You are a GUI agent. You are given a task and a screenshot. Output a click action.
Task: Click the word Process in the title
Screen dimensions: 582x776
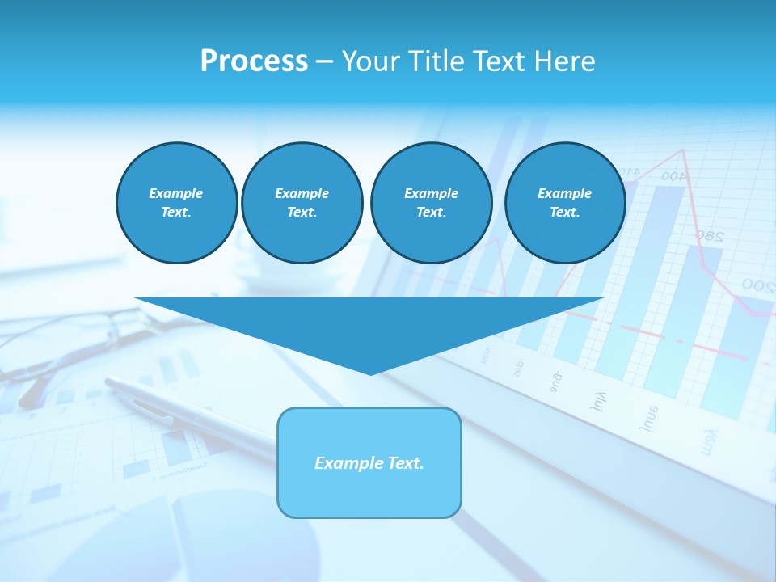click(x=254, y=61)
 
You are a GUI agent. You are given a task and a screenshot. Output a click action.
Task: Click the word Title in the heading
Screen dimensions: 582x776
click(x=438, y=61)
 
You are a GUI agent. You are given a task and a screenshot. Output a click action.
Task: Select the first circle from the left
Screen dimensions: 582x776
click(x=177, y=203)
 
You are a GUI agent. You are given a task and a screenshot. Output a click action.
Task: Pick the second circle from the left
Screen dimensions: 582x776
click(x=302, y=203)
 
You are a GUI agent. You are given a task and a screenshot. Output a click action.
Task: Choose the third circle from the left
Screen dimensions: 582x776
click(x=431, y=203)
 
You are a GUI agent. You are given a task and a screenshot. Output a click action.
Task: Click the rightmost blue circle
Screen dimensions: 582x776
click(x=565, y=203)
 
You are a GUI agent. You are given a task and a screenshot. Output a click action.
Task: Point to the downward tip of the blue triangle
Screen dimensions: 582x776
click(x=370, y=373)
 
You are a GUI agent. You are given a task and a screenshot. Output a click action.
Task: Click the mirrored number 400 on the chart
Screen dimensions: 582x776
click(x=673, y=175)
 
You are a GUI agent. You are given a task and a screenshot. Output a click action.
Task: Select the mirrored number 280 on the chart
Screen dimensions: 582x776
click(x=708, y=236)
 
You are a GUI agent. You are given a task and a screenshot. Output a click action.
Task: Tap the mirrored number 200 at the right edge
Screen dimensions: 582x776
click(x=757, y=285)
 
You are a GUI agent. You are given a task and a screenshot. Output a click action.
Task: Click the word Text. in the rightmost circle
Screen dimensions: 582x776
click(x=564, y=213)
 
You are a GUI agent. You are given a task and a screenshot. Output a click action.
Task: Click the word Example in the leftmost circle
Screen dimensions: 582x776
click(x=176, y=193)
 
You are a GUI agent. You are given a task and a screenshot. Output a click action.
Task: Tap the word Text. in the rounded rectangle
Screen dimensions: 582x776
click(x=406, y=463)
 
